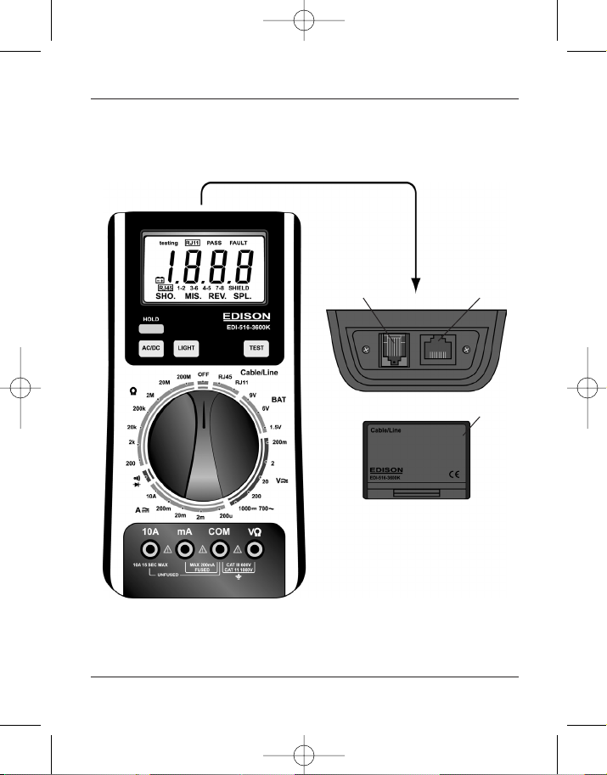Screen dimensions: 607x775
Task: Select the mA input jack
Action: [183, 549]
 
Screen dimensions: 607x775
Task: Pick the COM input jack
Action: [220, 549]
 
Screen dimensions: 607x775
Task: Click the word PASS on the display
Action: [214, 243]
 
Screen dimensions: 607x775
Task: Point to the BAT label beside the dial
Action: [278, 398]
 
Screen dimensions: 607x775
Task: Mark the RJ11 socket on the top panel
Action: [393, 349]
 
